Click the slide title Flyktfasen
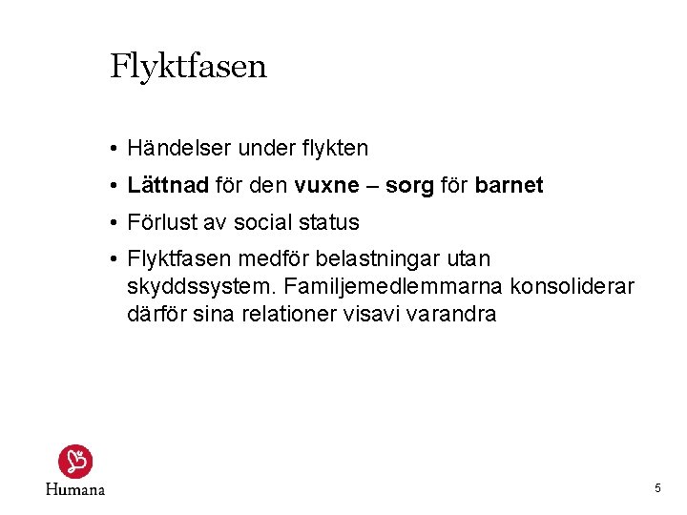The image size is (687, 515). [x=188, y=67]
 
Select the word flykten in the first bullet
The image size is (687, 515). [x=333, y=149]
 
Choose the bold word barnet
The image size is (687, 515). [x=509, y=186]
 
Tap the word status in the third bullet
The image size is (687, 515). [x=328, y=223]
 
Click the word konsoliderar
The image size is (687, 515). [x=572, y=286]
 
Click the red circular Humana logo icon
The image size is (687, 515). [x=74, y=462]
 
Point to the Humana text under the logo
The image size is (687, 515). [x=74, y=489]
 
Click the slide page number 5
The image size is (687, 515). [x=657, y=488]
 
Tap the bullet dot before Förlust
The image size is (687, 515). [x=113, y=223]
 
